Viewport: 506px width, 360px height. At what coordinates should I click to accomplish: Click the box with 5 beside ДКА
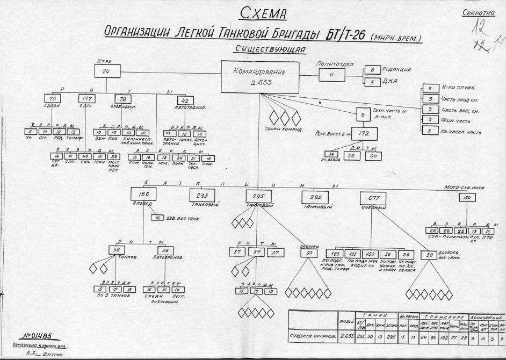coord(372,82)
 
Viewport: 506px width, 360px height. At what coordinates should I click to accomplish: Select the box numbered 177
coord(86,99)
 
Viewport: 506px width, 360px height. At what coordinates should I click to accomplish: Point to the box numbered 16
coord(157,218)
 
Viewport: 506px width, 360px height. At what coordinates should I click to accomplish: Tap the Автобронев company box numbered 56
coord(167,250)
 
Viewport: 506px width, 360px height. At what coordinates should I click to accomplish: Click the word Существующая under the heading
coord(270,50)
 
